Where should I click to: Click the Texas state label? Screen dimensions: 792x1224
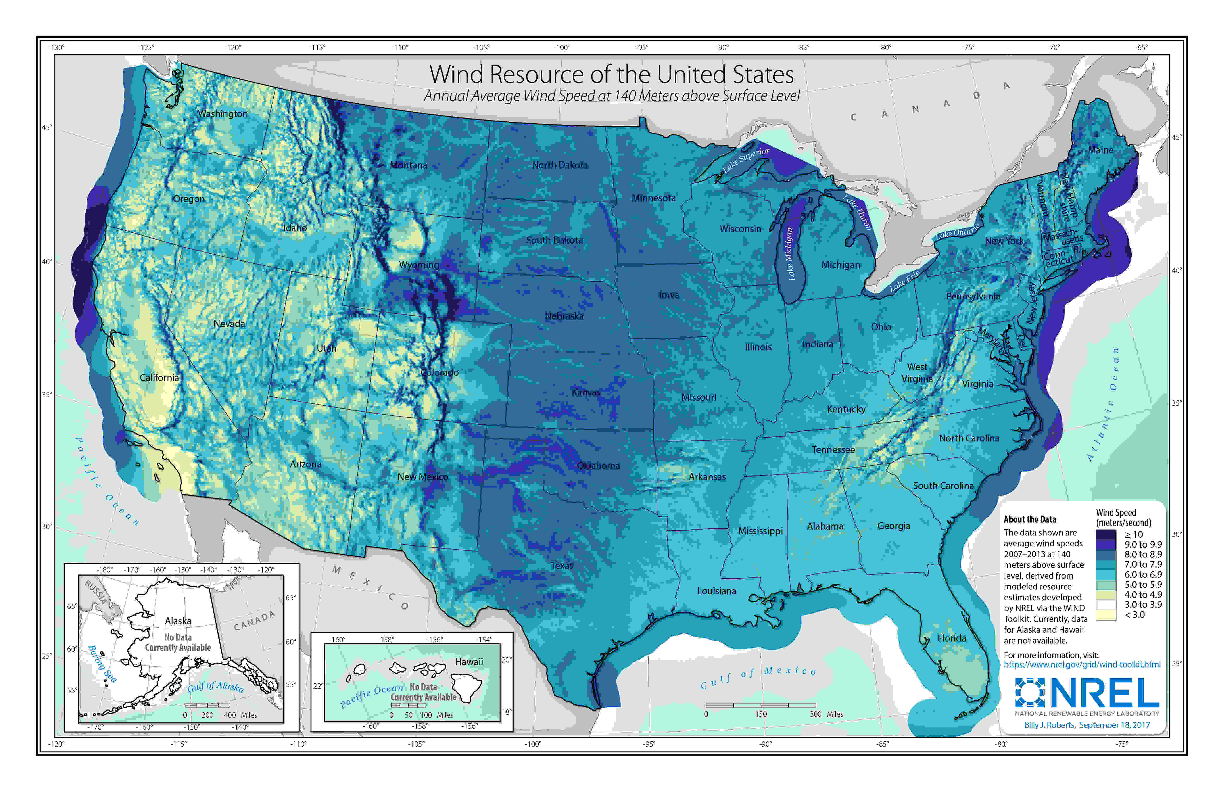[561, 565]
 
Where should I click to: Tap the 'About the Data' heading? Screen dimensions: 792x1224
[1030, 519]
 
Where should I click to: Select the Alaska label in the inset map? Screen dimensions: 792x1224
[178, 621]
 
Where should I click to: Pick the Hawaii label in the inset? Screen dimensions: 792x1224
[469, 662]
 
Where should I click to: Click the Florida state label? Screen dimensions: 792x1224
[951, 638]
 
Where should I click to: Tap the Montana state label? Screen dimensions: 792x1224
[408, 165]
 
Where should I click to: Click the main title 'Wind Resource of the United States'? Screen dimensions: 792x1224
[611, 75]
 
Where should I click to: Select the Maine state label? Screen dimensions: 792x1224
[1101, 150]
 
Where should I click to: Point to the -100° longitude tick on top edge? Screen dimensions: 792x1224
[561, 47]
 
